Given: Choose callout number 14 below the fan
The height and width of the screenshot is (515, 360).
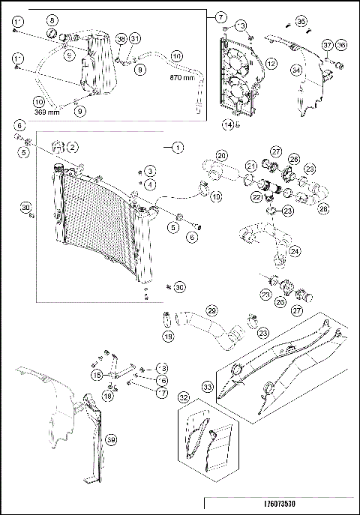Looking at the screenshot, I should [x=228, y=124].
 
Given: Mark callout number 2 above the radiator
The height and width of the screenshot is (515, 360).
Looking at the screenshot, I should [x=73, y=145].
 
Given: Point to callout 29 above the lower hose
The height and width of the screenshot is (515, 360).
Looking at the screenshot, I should [x=211, y=310].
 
